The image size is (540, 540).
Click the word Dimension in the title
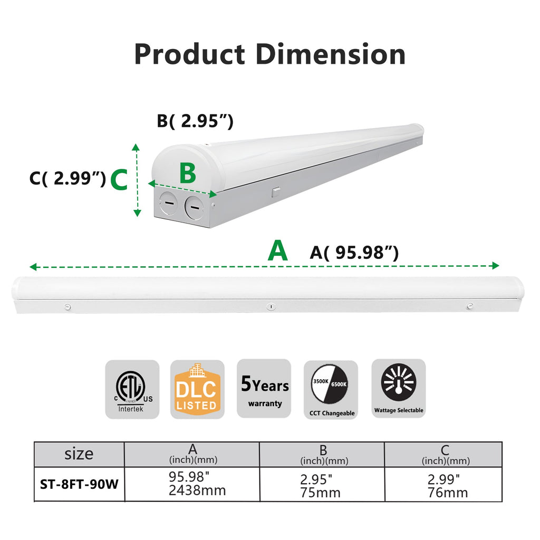(331, 54)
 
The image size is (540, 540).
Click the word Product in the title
(189, 54)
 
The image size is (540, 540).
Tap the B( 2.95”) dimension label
(195, 121)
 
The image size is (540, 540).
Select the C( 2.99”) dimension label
(67, 178)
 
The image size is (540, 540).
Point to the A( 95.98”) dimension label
(354, 253)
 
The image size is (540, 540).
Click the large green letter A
(277, 250)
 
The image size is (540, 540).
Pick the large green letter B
(188, 173)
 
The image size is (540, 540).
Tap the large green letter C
(119, 180)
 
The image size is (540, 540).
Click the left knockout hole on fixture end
(168, 203)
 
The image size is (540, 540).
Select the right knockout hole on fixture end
(194, 207)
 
